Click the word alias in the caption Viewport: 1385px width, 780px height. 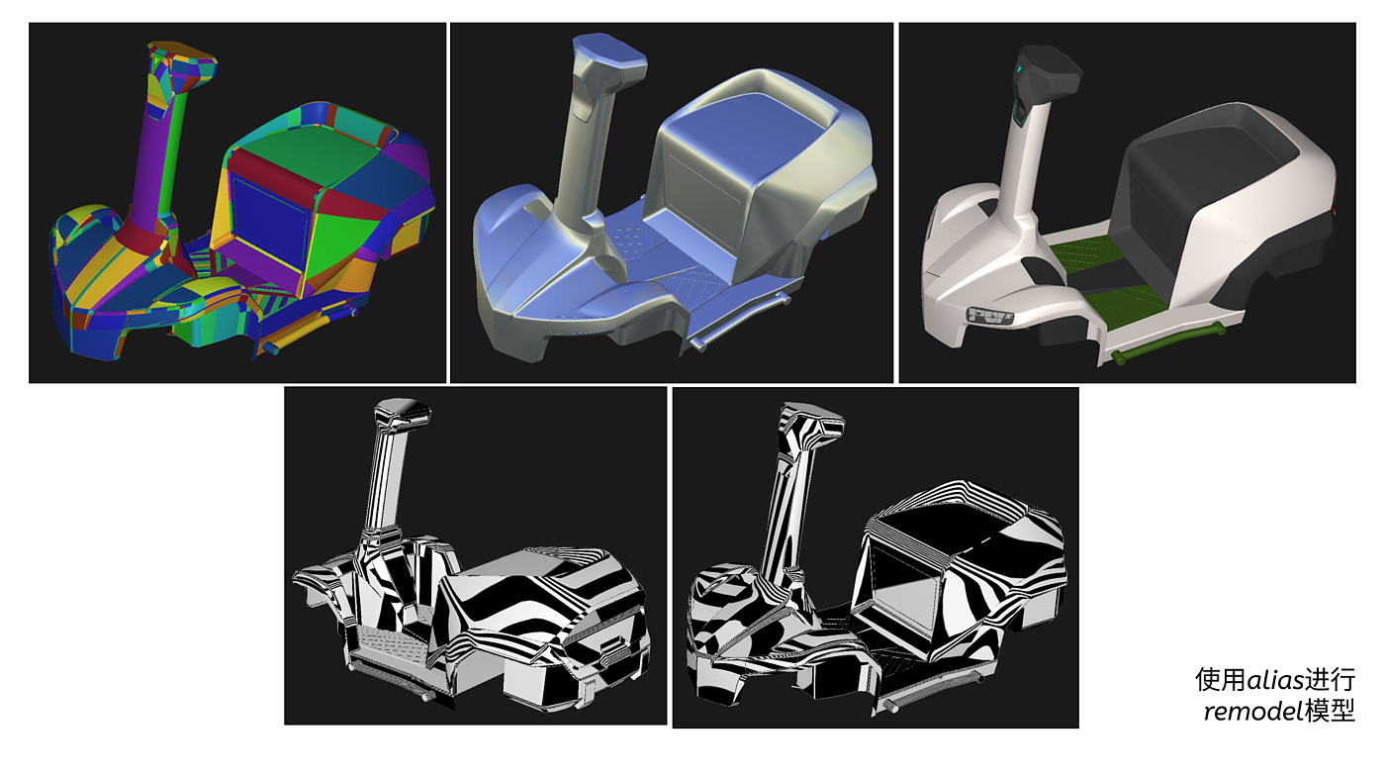1275,680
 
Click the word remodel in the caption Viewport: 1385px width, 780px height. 1254,712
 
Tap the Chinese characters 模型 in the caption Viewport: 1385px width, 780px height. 1330,712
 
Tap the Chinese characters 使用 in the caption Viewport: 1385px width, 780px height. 1220,680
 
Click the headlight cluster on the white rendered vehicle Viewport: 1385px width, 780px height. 990,316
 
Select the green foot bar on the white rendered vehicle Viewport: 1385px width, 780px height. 1167,343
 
